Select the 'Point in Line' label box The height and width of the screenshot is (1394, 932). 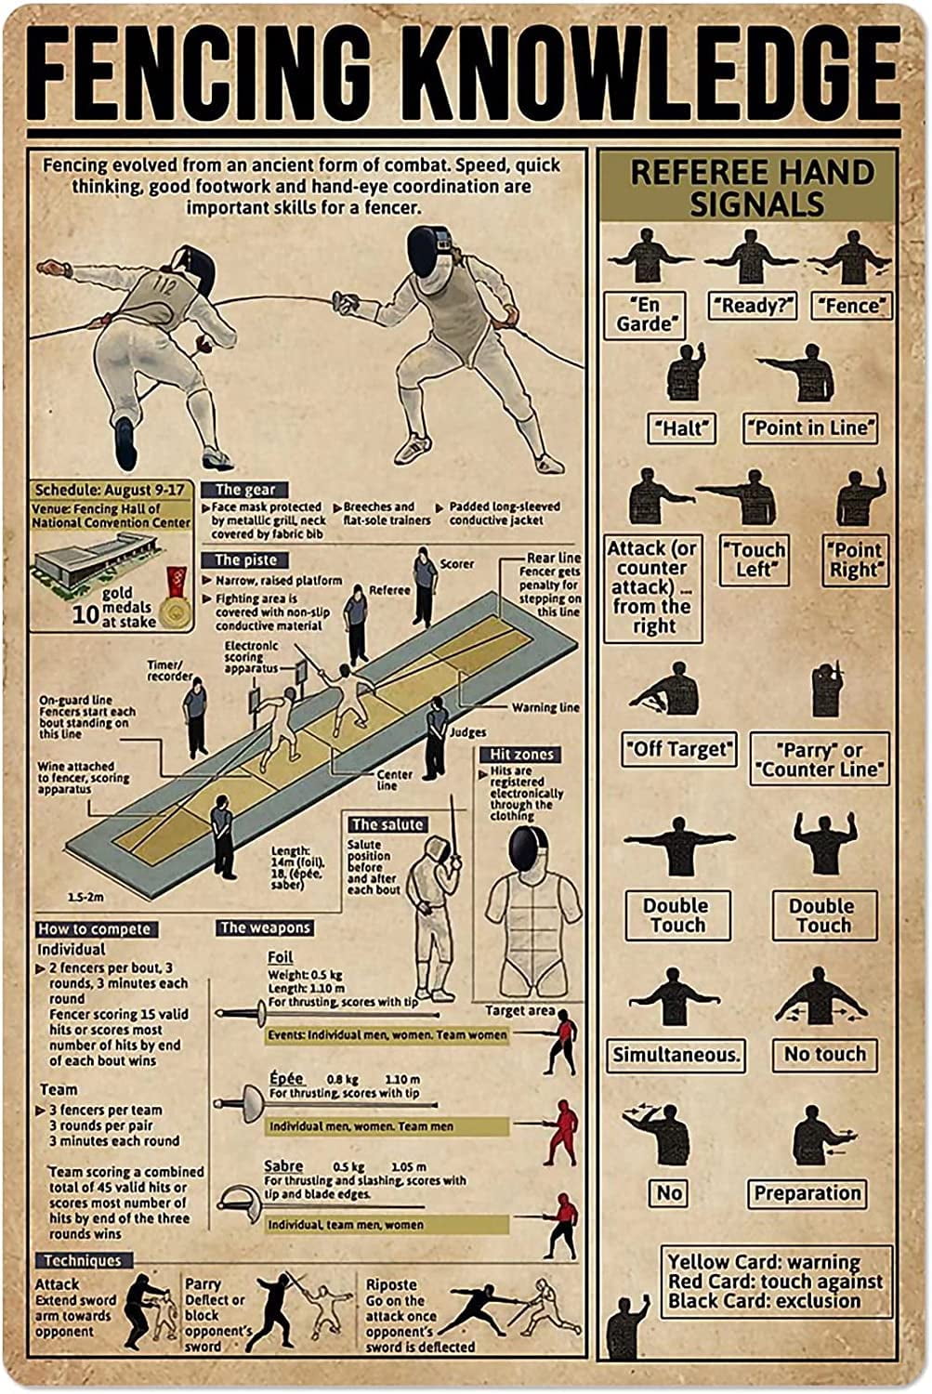(810, 427)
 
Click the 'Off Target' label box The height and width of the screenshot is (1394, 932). (679, 748)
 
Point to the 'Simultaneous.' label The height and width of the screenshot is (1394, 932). (676, 1055)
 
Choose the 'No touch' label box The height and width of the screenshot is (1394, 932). (824, 1054)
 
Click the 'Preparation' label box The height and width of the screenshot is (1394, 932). (806, 1193)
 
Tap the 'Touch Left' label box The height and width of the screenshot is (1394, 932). (755, 559)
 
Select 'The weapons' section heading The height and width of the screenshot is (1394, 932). (265, 927)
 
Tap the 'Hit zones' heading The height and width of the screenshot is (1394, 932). (521, 755)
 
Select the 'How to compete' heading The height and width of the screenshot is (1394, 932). (93, 929)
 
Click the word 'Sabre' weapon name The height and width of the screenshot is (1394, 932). (283, 1165)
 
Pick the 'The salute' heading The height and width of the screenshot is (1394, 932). (387, 824)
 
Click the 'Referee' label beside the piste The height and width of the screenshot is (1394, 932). (388, 590)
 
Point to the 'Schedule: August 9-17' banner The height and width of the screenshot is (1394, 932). (109, 490)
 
